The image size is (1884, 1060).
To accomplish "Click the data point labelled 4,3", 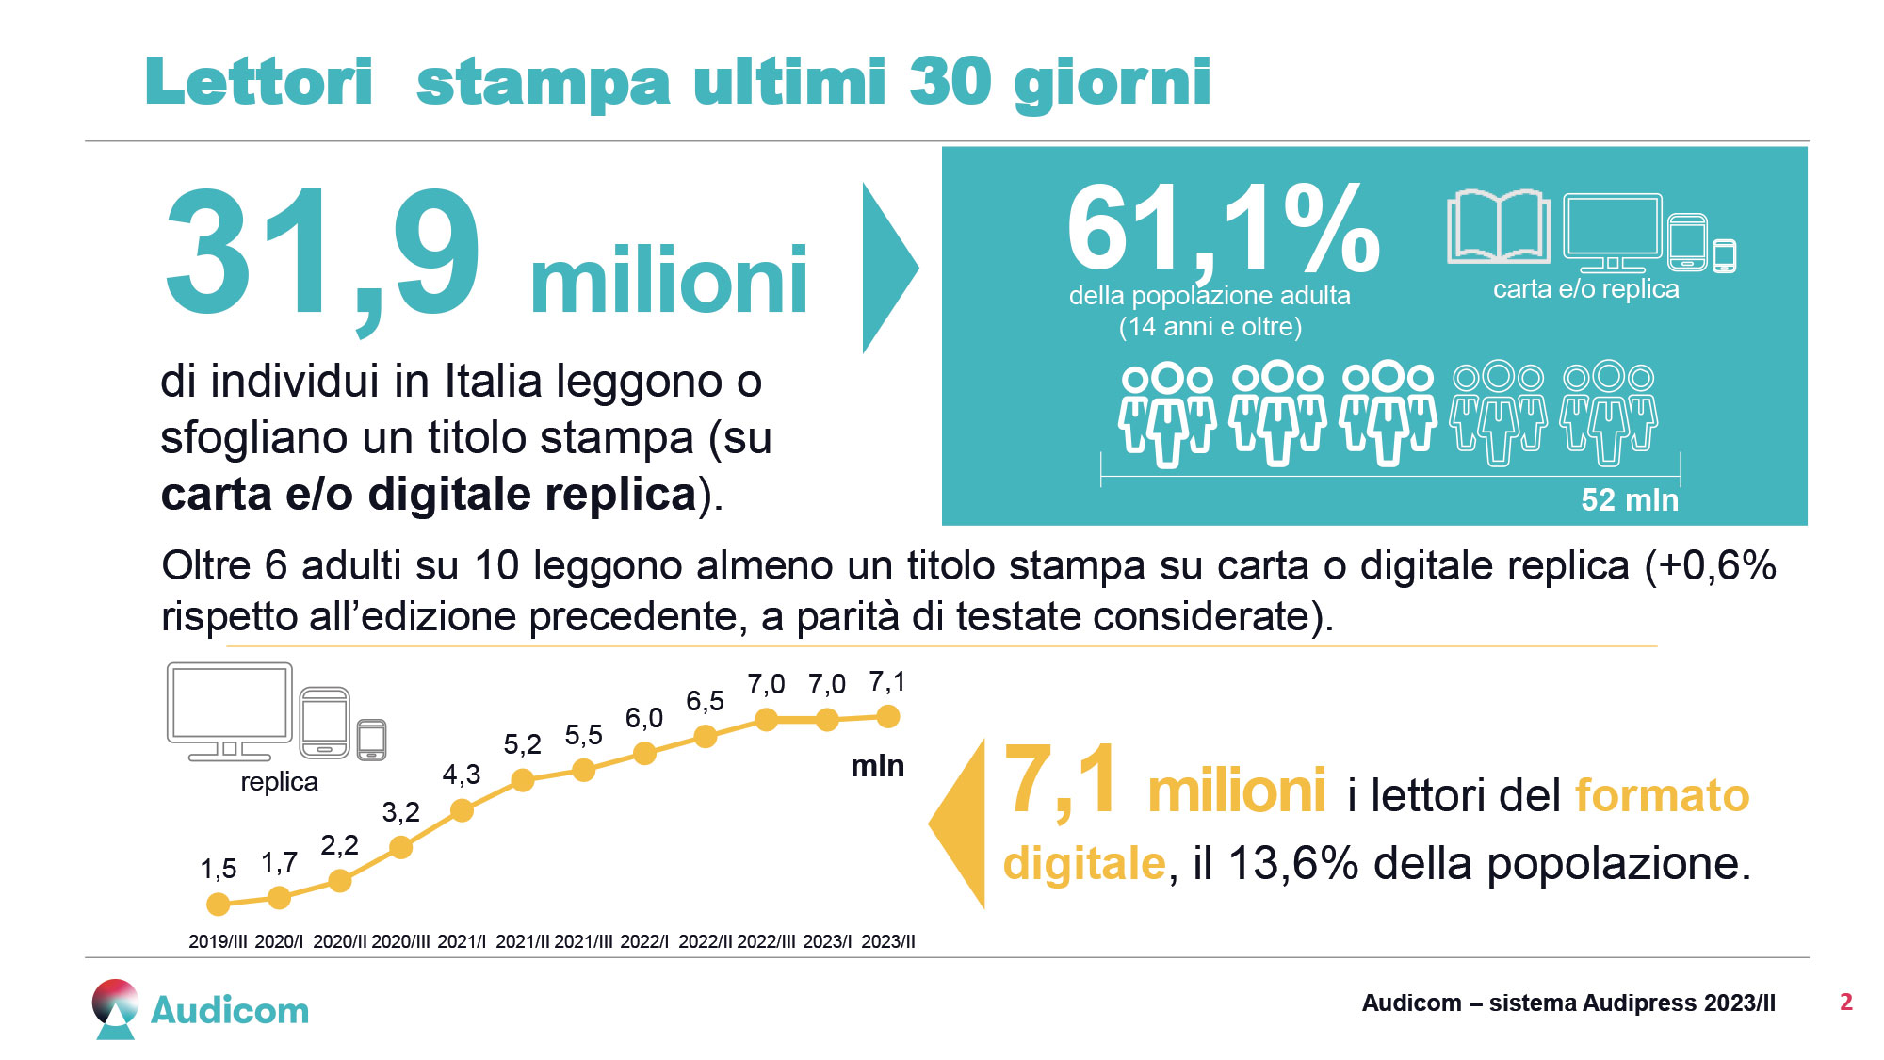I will pos(462,810).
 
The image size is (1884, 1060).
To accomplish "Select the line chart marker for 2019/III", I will pos(218,905).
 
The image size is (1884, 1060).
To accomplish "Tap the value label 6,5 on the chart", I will pos(705,701).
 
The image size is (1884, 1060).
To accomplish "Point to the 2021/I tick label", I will pos(462,941).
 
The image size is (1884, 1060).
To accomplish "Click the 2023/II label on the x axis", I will pos(887,941).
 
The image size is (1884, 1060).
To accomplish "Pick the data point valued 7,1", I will pos(887,717).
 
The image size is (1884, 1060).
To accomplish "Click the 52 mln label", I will pos(1629,499).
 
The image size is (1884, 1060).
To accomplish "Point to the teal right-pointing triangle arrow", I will pos(887,268).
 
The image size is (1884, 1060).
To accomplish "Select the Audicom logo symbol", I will pos(115,1008).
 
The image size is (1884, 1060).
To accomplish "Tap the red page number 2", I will pos(1845,1002).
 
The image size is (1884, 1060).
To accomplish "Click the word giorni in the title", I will pos(1112,83).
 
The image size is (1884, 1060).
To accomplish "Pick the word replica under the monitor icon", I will pos(279,782).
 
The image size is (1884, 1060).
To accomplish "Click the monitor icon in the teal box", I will pos(1613,231).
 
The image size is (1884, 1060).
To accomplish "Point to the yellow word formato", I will pos(1662,795).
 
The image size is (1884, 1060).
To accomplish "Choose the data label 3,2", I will pos(400,812).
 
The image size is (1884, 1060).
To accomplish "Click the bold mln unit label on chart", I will pos(877,766).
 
